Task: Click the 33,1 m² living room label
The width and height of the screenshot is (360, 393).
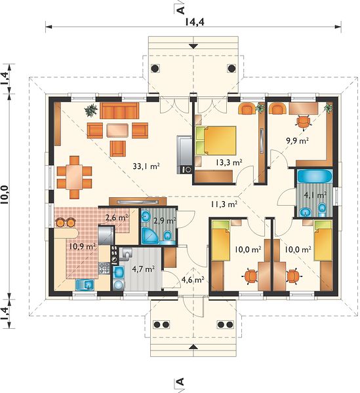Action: (146, 166)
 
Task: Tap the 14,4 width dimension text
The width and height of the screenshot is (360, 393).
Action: (195, 22)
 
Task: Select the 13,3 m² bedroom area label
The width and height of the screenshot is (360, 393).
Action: (229, 162)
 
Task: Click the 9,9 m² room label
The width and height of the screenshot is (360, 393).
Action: (297, 140)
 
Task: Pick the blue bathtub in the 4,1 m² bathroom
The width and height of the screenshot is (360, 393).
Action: (314, 176)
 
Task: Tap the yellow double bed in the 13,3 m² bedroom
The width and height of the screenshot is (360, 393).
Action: (216, 141)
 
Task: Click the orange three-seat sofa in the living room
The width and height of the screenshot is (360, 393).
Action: (119, 110)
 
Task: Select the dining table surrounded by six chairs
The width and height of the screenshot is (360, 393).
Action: (74, 178)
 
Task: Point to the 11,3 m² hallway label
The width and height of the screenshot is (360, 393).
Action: (224, 204)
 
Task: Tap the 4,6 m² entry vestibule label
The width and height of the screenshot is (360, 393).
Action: (193, 280)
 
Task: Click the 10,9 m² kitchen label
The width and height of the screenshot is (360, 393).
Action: (83, 246)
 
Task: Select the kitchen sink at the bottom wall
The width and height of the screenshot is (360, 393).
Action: (85, 285)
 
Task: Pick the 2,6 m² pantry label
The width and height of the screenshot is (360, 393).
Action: (117, 217)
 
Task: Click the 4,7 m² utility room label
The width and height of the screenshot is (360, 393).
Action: (143, 269)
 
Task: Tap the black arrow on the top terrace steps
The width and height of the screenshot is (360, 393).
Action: (193, 46)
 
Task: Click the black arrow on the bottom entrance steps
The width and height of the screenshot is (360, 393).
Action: (193, 346)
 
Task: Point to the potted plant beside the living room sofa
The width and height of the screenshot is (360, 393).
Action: (90, 110)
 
